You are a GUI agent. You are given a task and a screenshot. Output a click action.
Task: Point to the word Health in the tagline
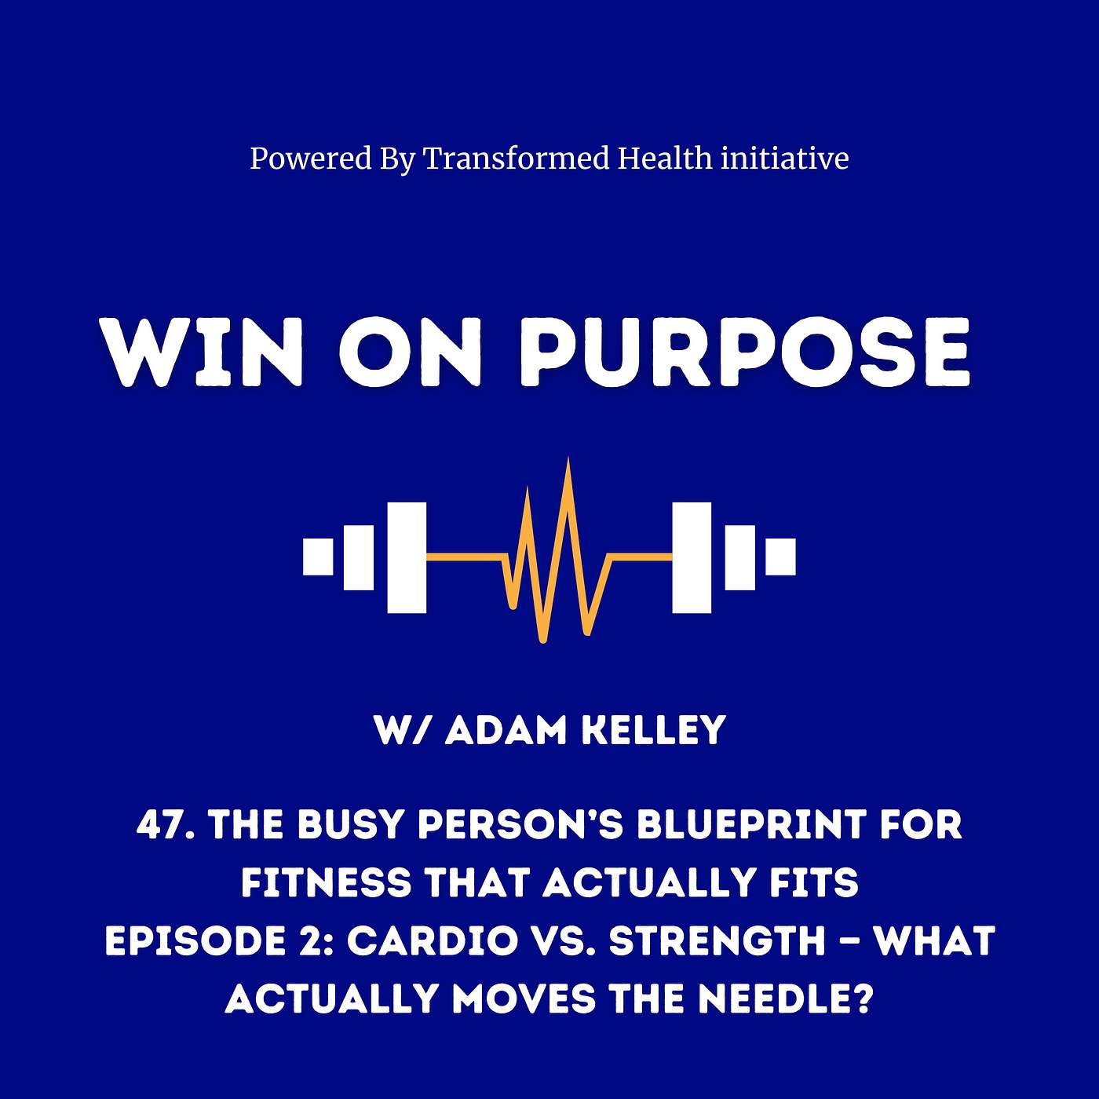tap(665, 159)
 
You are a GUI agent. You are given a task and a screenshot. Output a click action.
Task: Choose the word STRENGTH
tap(717, 941)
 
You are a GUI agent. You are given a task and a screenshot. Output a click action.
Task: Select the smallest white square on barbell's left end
tap(318, 557)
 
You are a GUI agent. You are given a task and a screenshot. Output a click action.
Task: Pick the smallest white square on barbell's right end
tap(780, 557)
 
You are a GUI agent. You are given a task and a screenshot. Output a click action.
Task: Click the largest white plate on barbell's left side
tap(407, 557)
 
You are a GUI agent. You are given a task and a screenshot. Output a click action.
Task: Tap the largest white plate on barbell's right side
tap(692, 557)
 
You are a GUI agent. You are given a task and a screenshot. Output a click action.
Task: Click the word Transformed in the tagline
tap(516, 159)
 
